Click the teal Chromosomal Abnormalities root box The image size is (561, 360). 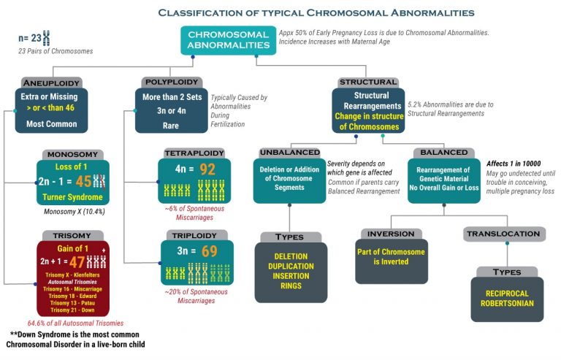pos(229,39)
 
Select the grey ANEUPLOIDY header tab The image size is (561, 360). pos(50,83)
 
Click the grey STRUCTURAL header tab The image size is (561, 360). pos(368,83)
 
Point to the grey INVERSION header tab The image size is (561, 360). pos(391,234)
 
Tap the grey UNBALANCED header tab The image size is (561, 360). pos(289,153)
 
